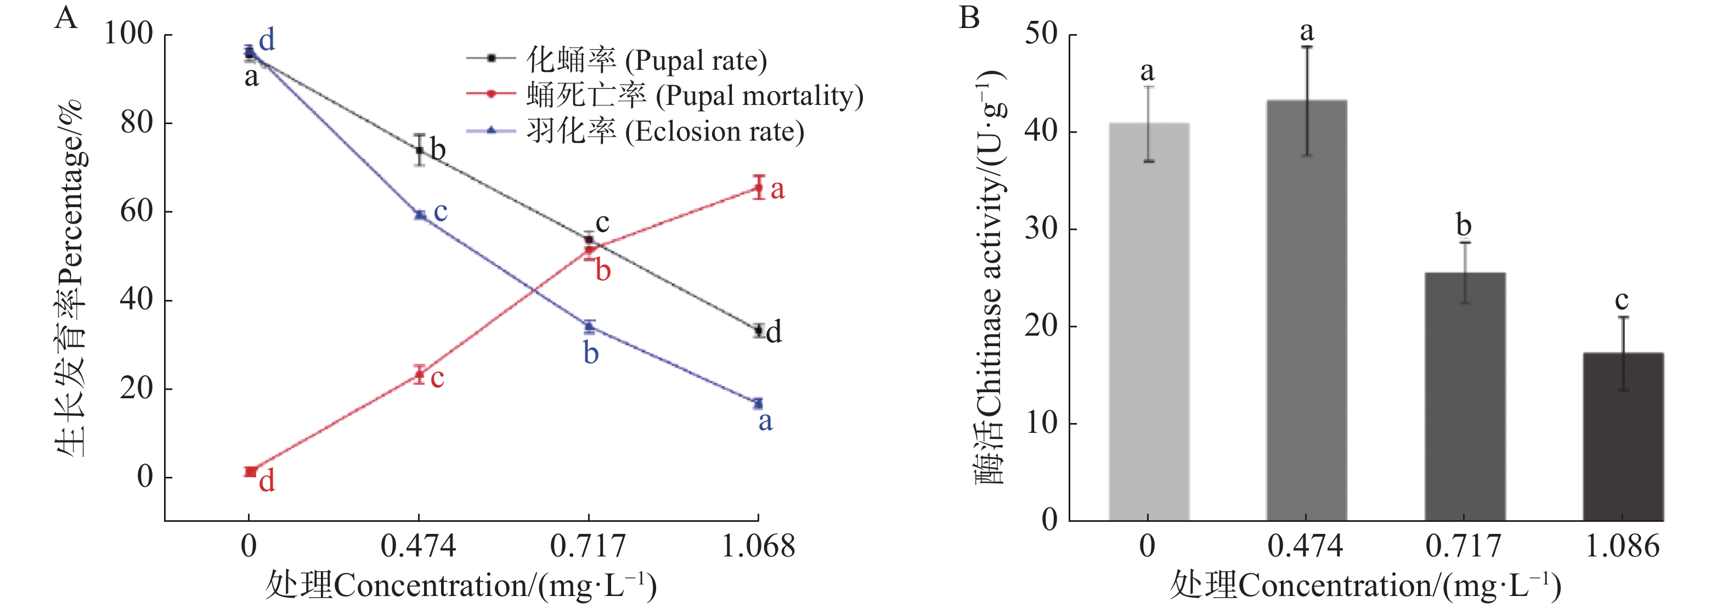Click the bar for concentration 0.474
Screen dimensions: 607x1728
[1306, 309]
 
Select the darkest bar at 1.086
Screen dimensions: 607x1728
[1623, 437]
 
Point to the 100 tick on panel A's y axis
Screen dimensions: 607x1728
[128, 34]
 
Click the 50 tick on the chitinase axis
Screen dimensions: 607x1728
[1041, 34]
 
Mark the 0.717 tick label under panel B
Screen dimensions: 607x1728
[1463, 546]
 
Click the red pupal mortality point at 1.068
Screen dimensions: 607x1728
[758, 187]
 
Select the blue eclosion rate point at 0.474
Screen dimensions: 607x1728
[419, 215]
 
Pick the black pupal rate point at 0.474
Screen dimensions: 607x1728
[419, 150]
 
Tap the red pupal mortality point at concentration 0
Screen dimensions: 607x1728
[250, 472]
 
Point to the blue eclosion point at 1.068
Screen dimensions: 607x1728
[758, 403]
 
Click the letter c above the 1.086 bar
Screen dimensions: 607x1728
[1622, 299]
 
